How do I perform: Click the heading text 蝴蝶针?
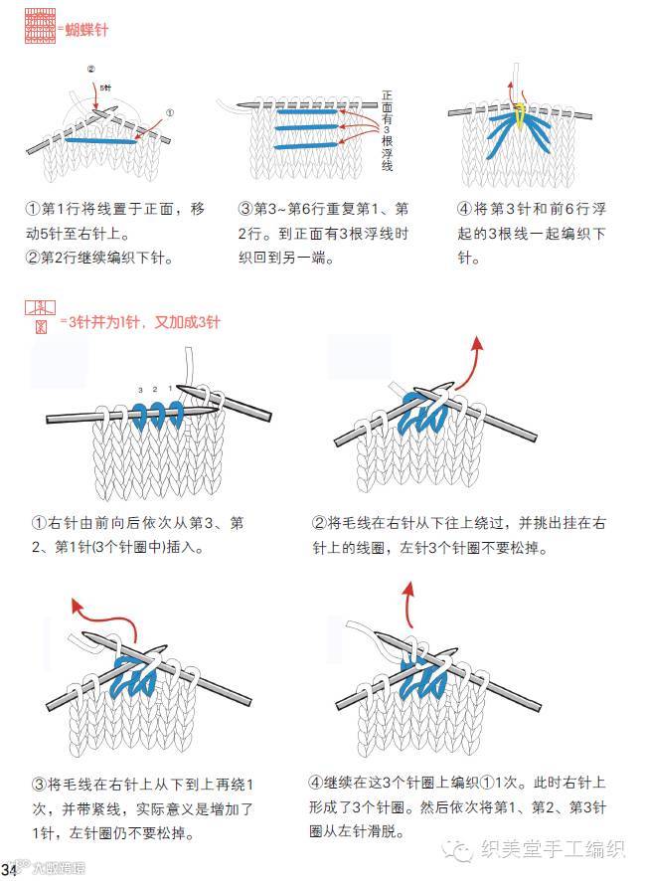click(x=85, y=30)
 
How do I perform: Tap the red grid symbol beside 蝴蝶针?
click(x=39, y=30)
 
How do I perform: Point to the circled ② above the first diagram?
click(x=90, y=70)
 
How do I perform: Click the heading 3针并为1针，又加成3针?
click(x=139, y=322)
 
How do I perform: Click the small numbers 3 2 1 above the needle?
click(x=156, y=388)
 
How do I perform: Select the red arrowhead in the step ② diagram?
click(x=477, y=343)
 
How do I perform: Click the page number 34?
click(x=11, y=872)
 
